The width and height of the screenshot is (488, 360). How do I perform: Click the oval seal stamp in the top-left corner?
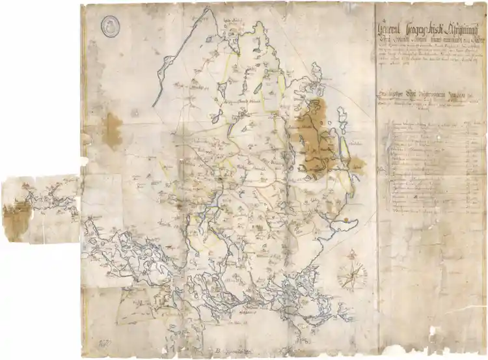110,25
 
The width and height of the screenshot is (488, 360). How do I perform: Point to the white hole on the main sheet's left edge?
83,160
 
